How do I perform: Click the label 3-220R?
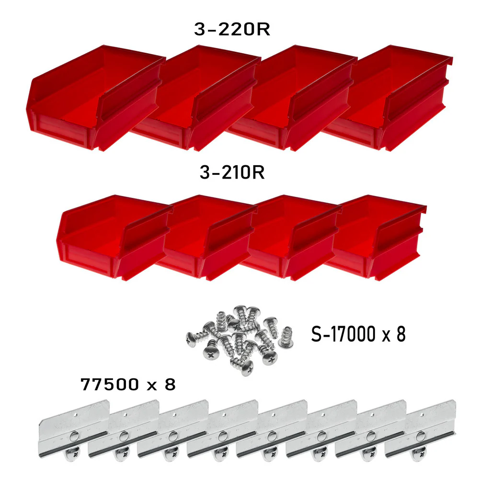(x=232, y=30)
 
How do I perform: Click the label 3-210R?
(x=232, y=172)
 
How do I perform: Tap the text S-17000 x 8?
(x=358, y=334)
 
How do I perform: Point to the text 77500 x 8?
(x=128, y=384)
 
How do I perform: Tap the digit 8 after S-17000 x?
(x=401, y=334)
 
